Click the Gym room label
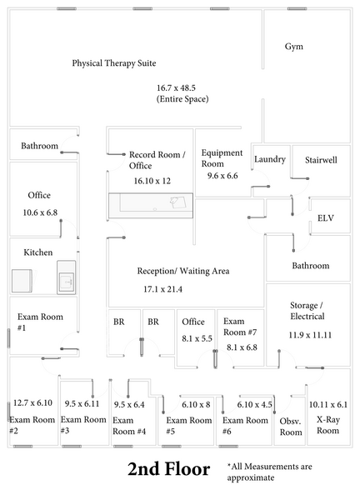tap(293, 47)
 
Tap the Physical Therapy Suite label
tap(114, 63)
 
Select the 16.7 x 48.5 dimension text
tap(177, 87)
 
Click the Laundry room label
tap(270, 159)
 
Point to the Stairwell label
tap(321, 160)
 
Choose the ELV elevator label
tap(326, 217)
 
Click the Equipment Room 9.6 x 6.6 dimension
tap(222, 176)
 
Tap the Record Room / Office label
tap(157, 160)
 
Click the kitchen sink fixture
tap(67, 277)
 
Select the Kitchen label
tap(38, 252)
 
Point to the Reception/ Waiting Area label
tap(183, 271)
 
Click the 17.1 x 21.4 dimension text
tap(162, 289)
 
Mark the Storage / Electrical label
tap(307, 311)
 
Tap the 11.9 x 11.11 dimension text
tap(310, 335)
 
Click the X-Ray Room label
tap(327, 425)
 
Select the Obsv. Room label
tap(291, 427)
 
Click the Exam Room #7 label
tap(240, 327)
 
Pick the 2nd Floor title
tap(168, 469)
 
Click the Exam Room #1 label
tap(40, 322)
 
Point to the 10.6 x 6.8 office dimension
tap(40, 212)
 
